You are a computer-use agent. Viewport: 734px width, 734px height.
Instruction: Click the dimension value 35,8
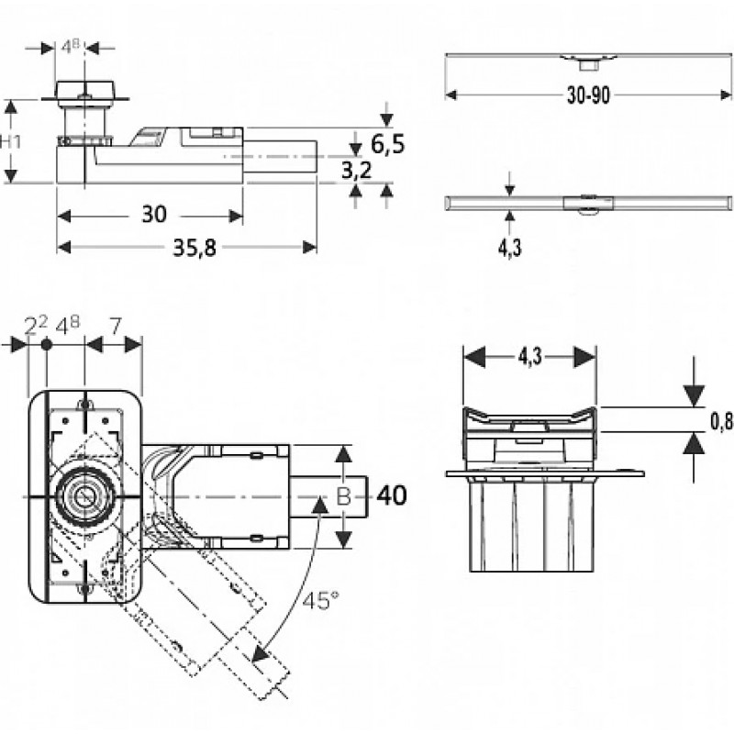195,247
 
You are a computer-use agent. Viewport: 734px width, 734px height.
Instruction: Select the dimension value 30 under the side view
154,215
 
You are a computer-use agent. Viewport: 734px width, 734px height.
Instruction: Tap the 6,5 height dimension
387,144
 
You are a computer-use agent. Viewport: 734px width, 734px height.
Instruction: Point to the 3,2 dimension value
356,171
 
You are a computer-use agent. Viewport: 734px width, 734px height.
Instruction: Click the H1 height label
10,141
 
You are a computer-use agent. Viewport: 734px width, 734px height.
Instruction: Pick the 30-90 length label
588,95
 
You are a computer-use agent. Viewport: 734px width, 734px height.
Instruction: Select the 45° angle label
320,601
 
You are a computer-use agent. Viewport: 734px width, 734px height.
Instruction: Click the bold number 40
392,495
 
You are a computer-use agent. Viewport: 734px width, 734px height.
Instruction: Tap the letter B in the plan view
343,496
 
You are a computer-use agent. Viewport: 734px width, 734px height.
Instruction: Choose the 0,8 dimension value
721,422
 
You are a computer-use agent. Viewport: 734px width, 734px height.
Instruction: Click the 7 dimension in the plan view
116,327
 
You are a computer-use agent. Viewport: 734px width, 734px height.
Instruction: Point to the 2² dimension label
36,326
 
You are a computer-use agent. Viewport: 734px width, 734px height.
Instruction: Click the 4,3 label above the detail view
529,357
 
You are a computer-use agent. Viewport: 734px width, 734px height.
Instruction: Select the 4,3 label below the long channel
509,248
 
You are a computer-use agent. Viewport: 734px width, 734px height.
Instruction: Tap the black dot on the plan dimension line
46,345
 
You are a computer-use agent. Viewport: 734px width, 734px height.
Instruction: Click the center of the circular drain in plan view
84,495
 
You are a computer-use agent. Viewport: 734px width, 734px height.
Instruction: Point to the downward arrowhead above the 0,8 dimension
694,395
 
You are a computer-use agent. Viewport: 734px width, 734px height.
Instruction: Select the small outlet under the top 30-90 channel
588,64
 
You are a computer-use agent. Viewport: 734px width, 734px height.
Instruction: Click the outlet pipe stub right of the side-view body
280,156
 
